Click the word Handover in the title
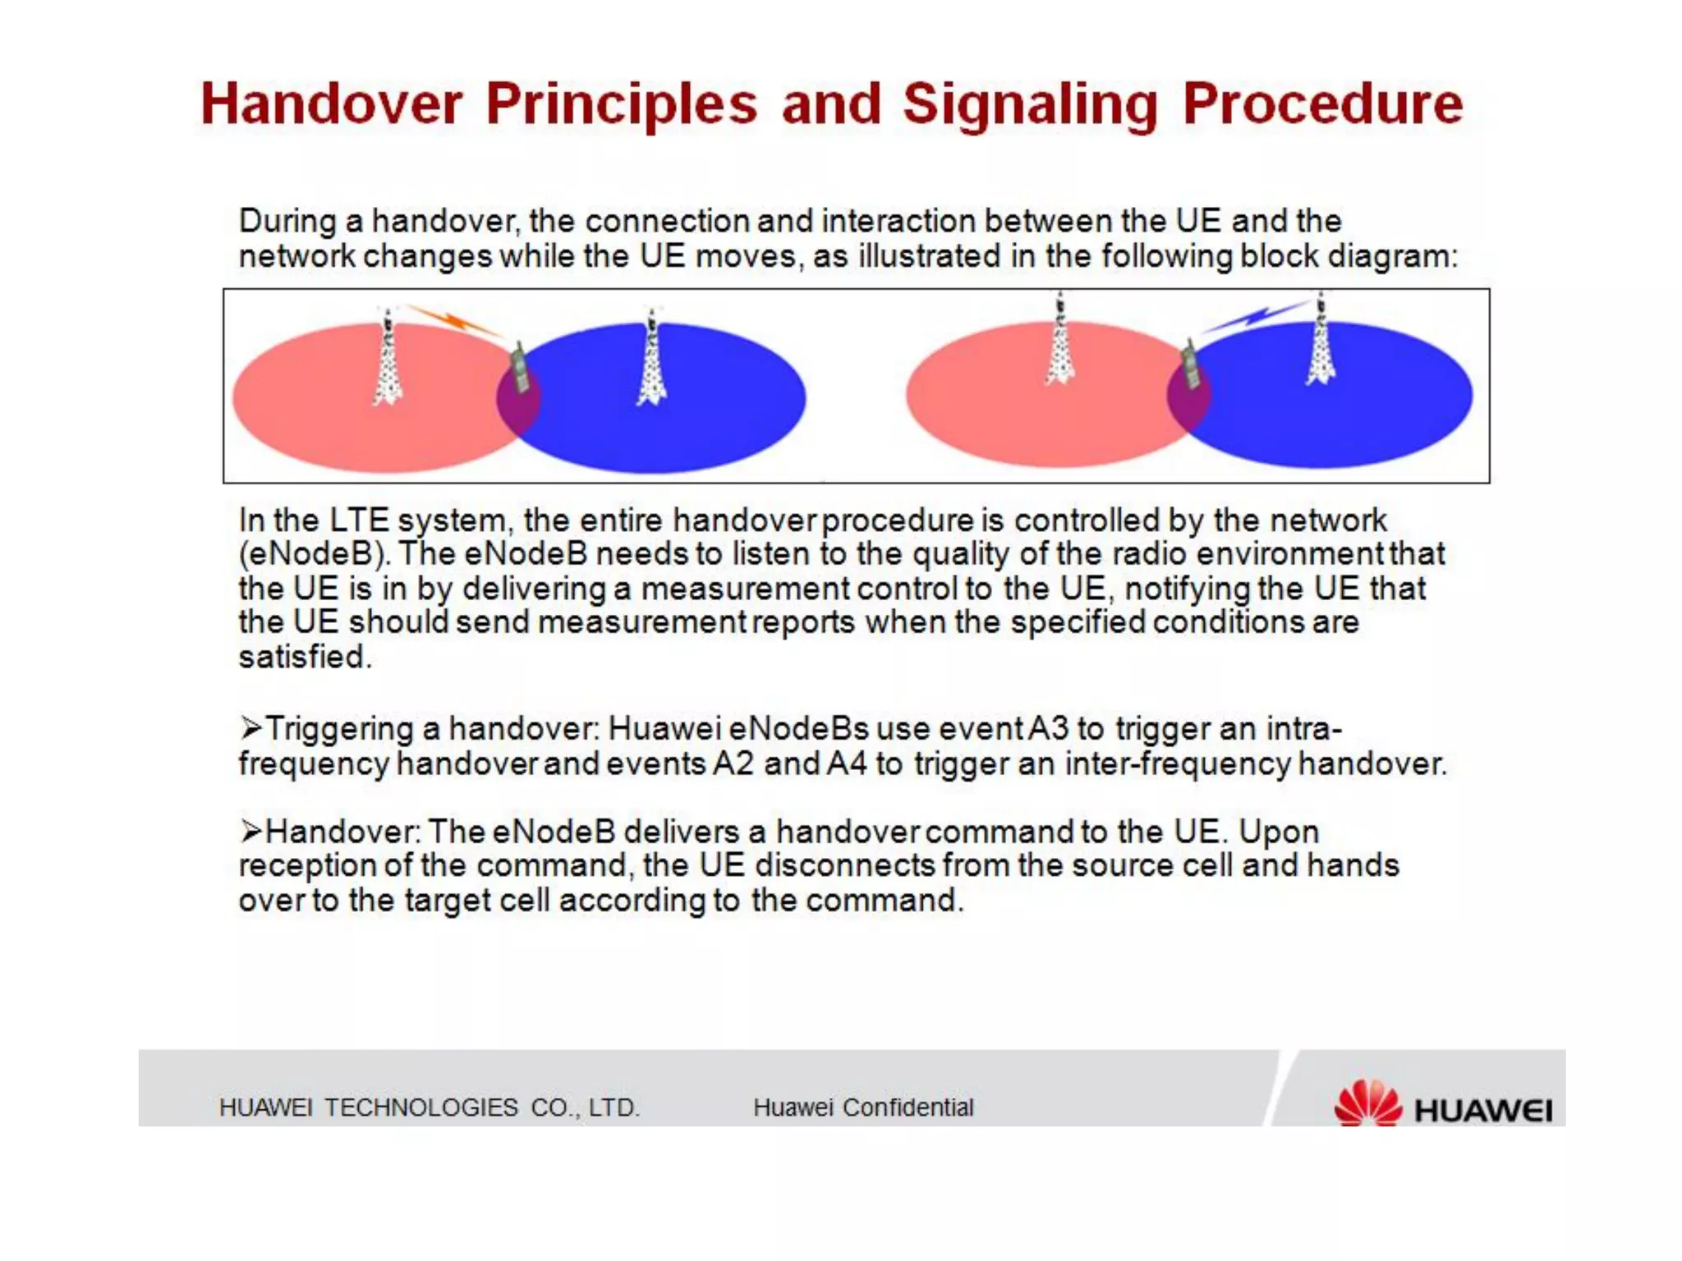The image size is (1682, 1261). [332, 104]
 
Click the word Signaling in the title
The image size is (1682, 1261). [1030, 104]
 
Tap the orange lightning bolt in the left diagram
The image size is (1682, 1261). [453, 321]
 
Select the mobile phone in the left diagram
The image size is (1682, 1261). [519, 369]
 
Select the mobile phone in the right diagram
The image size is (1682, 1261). [1190, 365]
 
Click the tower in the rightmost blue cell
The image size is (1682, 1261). [1320, 340]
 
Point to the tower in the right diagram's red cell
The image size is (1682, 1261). [1060, 340]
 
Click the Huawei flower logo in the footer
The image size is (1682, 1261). [1367, 1103]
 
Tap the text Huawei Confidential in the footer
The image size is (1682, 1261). [863, 1107]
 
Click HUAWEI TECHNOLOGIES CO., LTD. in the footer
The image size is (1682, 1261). [429, 1107]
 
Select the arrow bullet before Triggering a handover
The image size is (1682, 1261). [250, 727]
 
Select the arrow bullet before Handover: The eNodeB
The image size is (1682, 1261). [250, 831]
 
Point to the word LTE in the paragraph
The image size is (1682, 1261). [359, 520]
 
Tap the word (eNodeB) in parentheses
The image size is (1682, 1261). [314, 554]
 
